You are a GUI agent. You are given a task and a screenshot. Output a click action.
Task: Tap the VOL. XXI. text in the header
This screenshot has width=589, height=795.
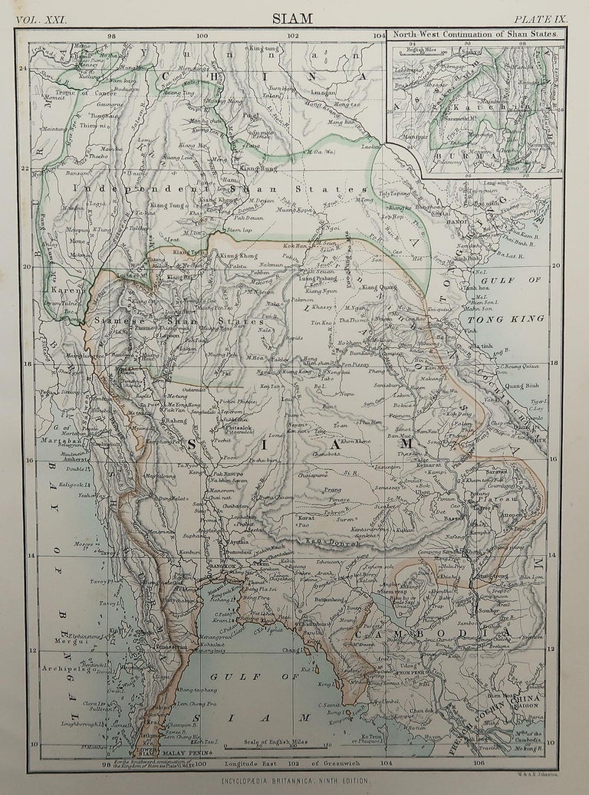click(45, 19)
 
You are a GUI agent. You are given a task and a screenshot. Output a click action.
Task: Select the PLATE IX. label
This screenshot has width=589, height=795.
click(538, 19)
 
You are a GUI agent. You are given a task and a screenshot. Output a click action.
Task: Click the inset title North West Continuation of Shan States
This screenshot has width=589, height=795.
click(475, 34)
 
